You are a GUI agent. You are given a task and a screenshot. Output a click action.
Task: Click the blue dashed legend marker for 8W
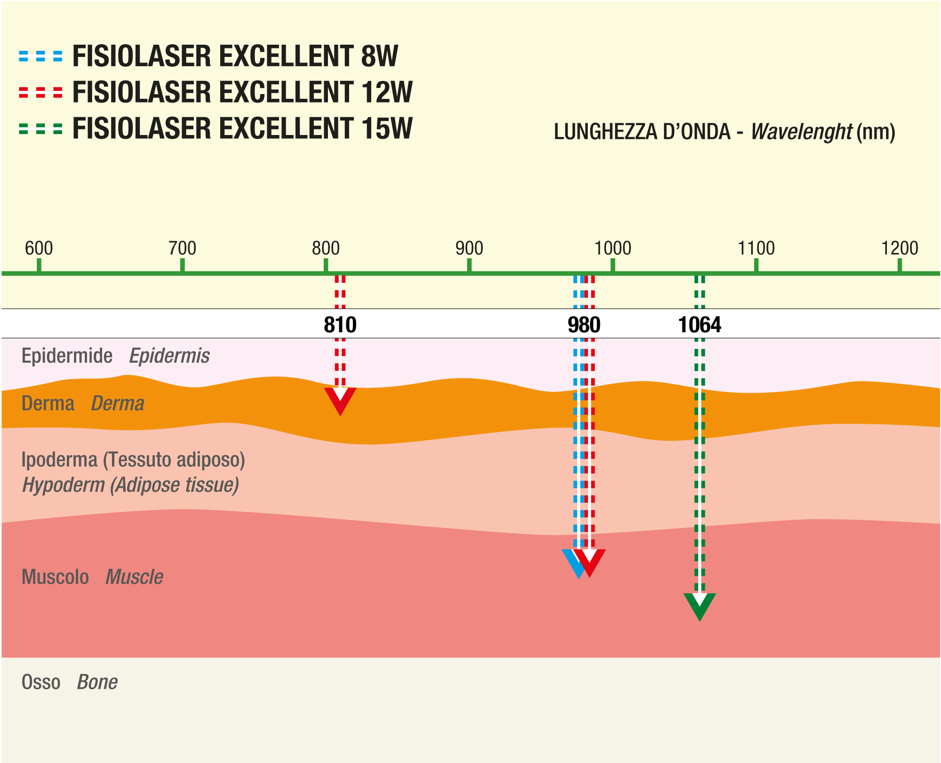pos(40,56)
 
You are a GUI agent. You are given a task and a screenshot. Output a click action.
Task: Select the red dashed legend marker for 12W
pos(40,93)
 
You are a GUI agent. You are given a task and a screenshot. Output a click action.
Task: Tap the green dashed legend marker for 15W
pos(40,129)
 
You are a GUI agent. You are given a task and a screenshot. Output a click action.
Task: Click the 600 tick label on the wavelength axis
pos(39,248)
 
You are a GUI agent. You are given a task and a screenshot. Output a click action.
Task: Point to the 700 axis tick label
pos(183,248)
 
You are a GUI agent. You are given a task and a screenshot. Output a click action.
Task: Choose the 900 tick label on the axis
pos(469,248)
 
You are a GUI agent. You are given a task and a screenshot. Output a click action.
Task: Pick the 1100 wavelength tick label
pos(756,248)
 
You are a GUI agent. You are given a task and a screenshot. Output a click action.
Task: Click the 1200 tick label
pos(900,248)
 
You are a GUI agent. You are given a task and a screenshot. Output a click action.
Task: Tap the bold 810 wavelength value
pos(340,325)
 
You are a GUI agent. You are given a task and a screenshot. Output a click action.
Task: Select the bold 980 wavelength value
pos(584,325)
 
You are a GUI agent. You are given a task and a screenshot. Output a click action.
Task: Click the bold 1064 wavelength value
pos(700,325)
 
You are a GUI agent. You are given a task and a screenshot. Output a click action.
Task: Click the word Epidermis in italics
pos(169,356)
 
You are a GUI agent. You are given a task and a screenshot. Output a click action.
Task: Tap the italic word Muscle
pos(134,577)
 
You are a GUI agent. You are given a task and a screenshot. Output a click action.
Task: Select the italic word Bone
pos(97,682)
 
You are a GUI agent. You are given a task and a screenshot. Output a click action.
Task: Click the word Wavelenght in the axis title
pos(802,132)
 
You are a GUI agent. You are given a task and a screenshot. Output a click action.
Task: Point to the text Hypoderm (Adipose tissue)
pos(131,485)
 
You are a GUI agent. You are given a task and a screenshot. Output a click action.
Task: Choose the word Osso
pos(41,682)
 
